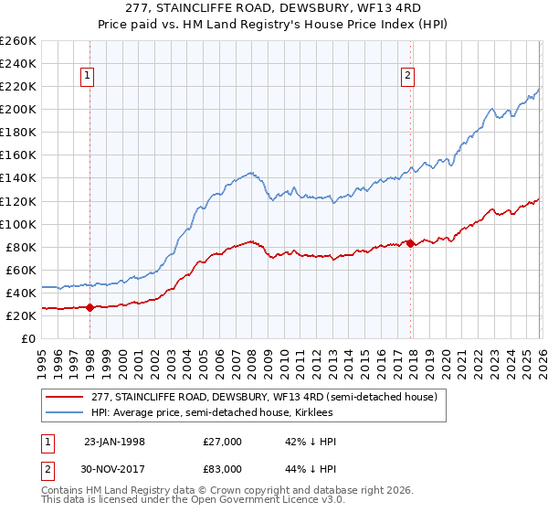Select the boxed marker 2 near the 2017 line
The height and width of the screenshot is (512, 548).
(407, 77)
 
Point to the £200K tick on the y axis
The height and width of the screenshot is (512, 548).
(18, 109)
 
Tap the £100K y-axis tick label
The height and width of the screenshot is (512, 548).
(18, 224)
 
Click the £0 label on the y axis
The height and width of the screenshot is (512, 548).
(27, 338)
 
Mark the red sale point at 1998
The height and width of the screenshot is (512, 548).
(90, 308)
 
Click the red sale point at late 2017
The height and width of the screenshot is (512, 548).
(410, 243)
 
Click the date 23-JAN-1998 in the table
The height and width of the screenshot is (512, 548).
(114, 442)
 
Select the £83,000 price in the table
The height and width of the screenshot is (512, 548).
(223, 468)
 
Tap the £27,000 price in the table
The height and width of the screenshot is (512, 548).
(223, 442)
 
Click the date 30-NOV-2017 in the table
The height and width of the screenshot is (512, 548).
(114, 468)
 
